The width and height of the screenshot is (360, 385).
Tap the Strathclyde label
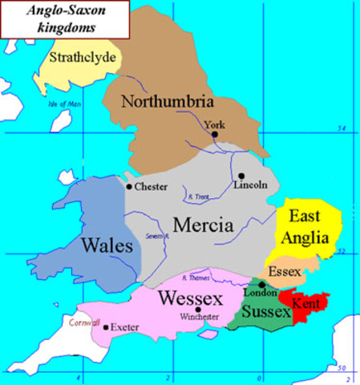pyautogui.click(x=83, y=58)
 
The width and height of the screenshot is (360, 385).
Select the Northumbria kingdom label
pyautogui.click(x=167, y=102)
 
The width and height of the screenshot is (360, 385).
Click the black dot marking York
pyautogui.click(x=214, y=135)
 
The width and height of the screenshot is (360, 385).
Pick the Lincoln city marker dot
pyautogui.click(x=241, y=176)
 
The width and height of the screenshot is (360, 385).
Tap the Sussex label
pyautogui.click(x=264, y=310)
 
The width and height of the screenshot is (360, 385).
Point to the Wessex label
pyautogui.click(x=185, y=298)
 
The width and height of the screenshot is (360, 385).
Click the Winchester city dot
pyautogui.click(x=199, y=309)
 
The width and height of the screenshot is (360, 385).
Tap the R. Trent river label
pyautogui.click(x=196, y=197)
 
